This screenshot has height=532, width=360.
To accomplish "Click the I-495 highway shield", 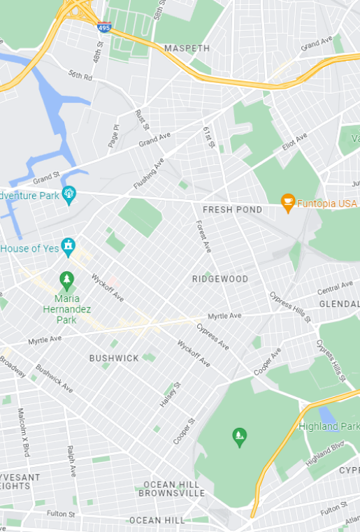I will coord(104,28).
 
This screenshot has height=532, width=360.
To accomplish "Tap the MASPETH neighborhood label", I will coord(187,48).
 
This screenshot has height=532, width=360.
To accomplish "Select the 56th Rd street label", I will coord(80,76).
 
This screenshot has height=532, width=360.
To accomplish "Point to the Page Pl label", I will coord(114,136).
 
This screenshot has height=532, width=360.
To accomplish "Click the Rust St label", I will coord(142,120).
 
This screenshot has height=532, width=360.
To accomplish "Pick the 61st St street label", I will coord(208,137).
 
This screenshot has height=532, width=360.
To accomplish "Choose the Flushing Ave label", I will coord(149,174).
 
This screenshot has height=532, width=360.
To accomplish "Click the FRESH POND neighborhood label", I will coord(232,210).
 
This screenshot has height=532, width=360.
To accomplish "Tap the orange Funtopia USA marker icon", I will coord(287,203).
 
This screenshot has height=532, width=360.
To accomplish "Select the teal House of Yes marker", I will coord(68,246).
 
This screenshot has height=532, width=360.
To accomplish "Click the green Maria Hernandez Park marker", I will coord(67,281).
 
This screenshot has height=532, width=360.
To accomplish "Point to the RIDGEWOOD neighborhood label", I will coord(220,279).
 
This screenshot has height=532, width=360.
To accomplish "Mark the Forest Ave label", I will coord(203,236).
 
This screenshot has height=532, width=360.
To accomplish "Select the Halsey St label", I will coord(169,396).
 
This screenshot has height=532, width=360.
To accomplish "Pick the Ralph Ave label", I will coord(71,461).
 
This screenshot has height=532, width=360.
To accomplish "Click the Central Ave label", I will coord(335,287).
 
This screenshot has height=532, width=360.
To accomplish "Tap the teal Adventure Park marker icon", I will coord(69,194).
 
